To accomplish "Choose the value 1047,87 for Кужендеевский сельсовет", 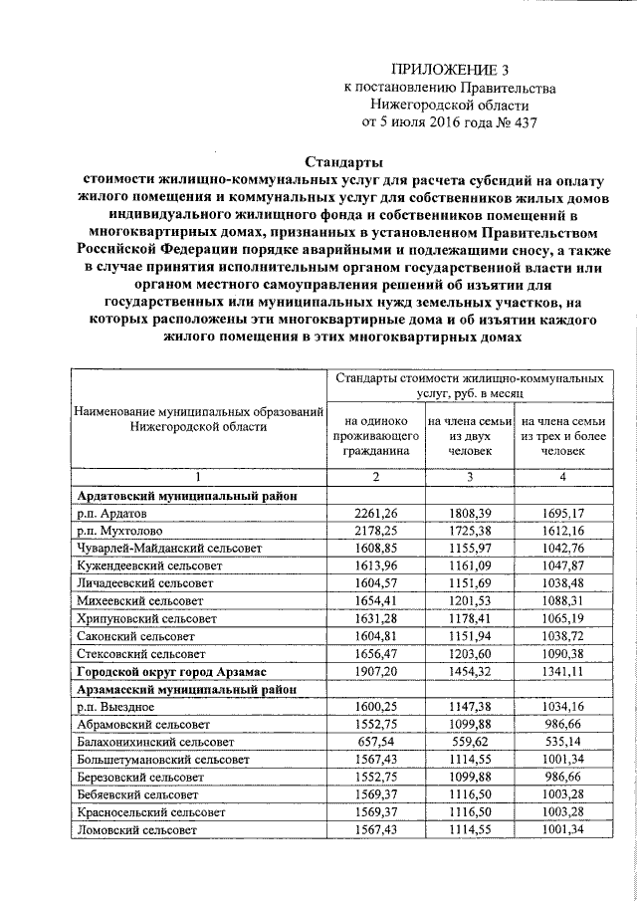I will [562, 565].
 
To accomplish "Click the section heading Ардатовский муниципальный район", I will [185, 495].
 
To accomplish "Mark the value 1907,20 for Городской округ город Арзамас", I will [376, 673].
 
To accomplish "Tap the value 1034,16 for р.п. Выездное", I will [562, 709].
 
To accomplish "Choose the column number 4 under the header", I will [562, 477].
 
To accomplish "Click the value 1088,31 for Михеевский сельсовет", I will [562, 601].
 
